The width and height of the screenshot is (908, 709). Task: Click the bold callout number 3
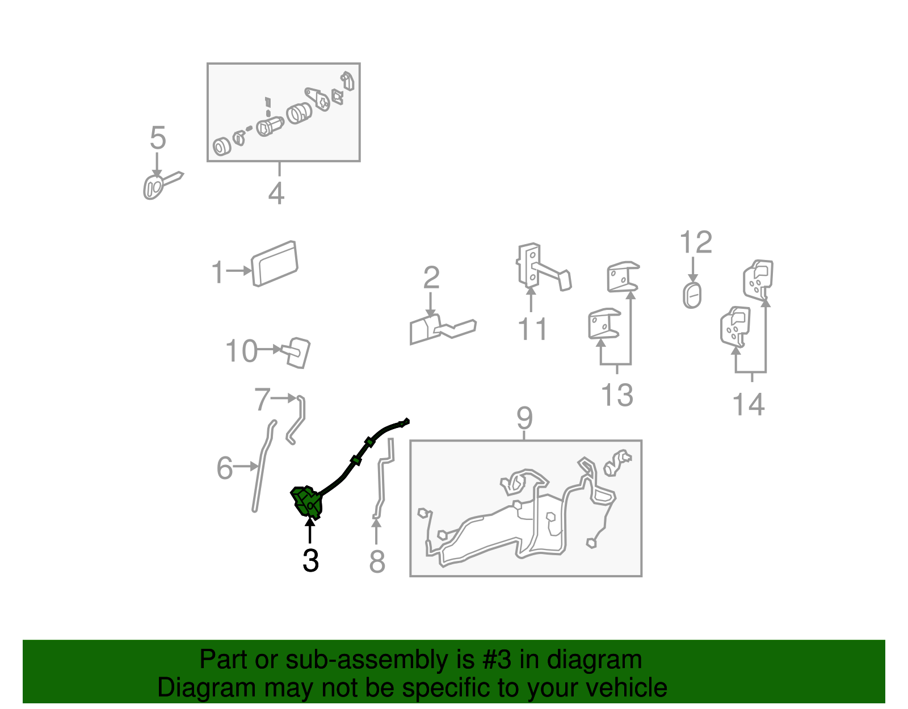click(x=310, y=560)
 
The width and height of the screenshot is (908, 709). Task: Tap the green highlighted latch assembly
click(x=308, y=502)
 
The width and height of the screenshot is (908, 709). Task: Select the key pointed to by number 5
click(x=159, y=185)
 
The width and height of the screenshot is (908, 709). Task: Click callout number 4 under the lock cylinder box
click(x=276, y=193)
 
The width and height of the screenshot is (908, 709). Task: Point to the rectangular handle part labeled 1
click(x=275, y=264)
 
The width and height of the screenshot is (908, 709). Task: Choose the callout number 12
click(x=696, y=242)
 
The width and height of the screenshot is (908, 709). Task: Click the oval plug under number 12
click(x=692, y=295)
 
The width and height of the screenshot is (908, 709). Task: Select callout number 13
click(x=617, y=395)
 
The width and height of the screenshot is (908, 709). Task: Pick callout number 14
click(x=749, y=404)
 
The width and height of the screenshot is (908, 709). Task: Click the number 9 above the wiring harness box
click(x=524, y=418)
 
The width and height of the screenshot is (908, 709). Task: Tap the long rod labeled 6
click(x=263, y=466)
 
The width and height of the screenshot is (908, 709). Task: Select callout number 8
click(x=377, y=562)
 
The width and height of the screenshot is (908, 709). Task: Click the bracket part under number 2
click(x=442, y=330)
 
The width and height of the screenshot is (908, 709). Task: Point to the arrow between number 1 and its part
click(x=239, y=271)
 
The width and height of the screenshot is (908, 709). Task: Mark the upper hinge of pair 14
click(x=758, y=280)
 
